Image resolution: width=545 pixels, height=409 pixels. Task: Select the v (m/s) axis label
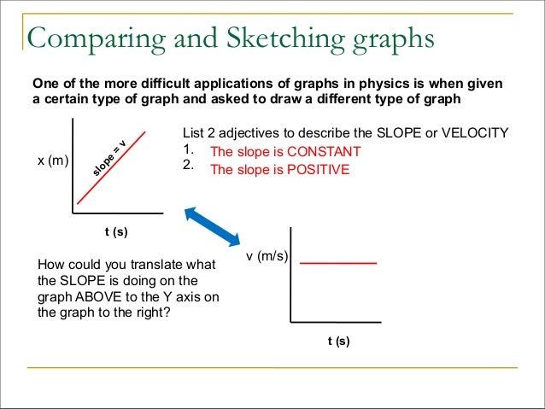click(267, 257)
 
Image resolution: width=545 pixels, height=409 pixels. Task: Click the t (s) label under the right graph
click(338, 341)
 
